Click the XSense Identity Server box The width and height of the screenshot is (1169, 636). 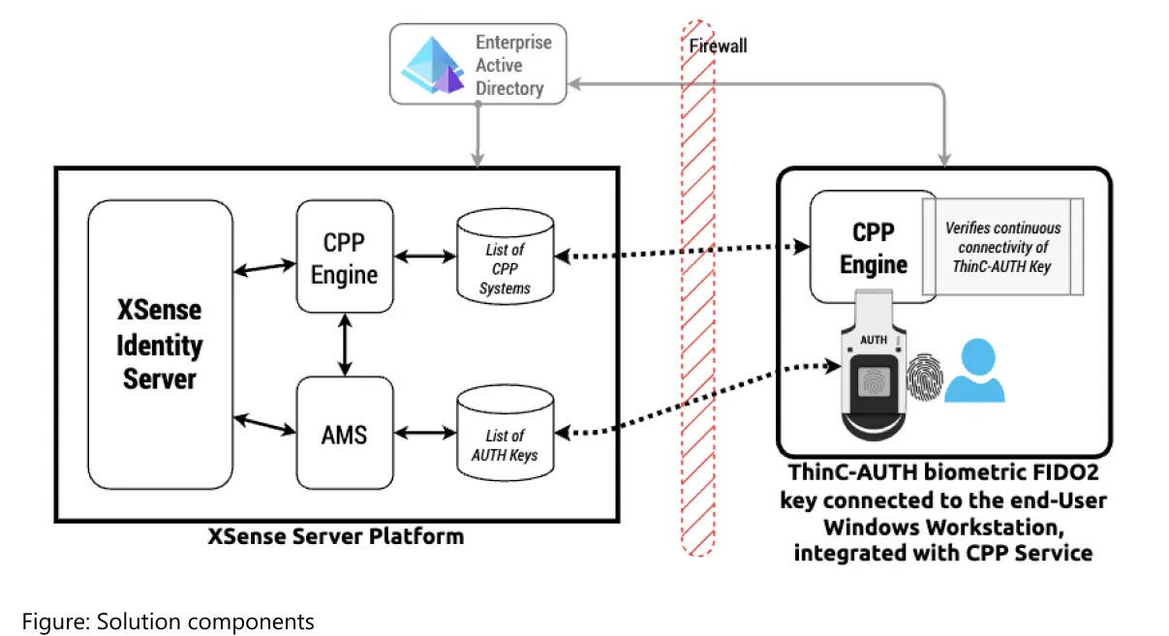tap(160, 344)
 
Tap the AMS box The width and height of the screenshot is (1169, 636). tap(345, 434)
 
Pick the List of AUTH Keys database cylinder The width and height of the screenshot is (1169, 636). tap(505, 434)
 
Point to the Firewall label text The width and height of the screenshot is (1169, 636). tap(718, 45)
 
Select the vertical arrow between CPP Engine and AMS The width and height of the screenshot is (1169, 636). tap(345, 345)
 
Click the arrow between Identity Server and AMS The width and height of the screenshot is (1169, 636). tap(264, 424)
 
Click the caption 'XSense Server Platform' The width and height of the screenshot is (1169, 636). tap(336, 535)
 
